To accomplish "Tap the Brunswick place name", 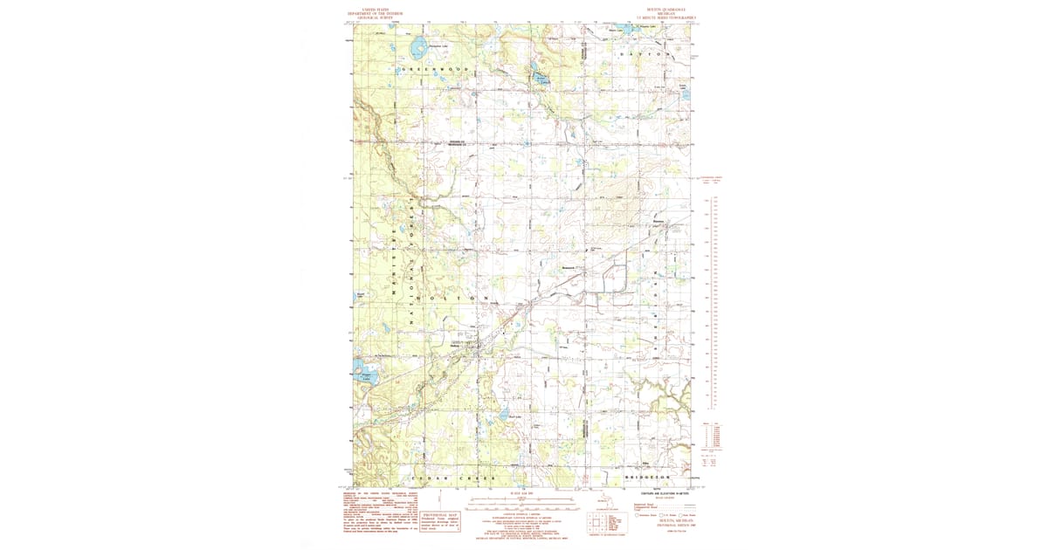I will pyautogui.click(x=569, y=267).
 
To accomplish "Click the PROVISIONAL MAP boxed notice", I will pyautogui.click(x=441, y=520).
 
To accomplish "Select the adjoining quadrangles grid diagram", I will pyautogui.click(x=597, y=523).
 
